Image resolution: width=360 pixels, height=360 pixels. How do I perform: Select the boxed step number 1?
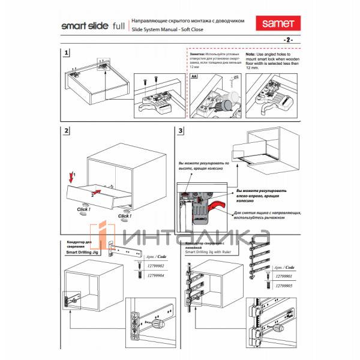67,54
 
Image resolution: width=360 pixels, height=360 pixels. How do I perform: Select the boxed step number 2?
67,131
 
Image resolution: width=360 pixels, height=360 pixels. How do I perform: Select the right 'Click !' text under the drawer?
125,215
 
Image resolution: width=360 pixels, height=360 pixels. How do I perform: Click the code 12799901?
284,276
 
